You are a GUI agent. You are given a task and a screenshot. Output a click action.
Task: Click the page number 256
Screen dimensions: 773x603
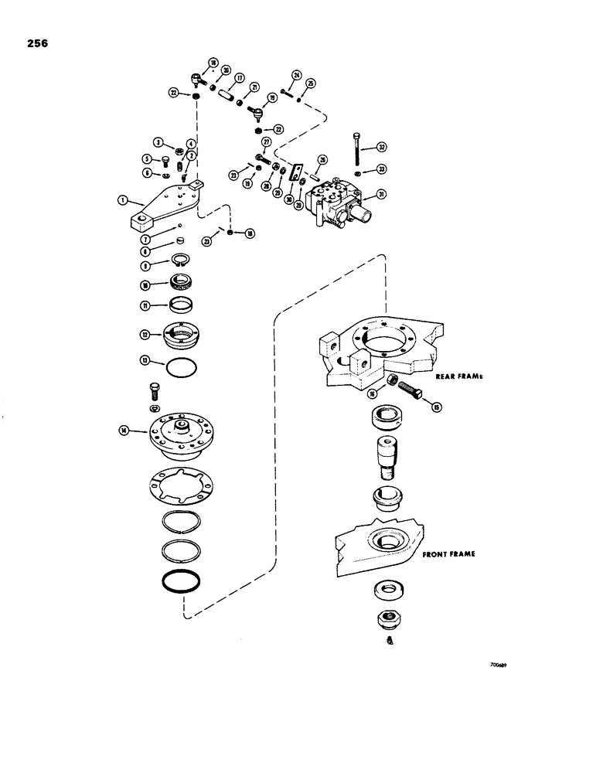pyautogui.click(x=36, y=44)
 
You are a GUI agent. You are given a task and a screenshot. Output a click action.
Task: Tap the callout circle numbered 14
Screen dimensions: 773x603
pyautogui.click(x=123, y=431)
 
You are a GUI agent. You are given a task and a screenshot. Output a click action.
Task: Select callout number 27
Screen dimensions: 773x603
pyautogui.click(x=265, y=141)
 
